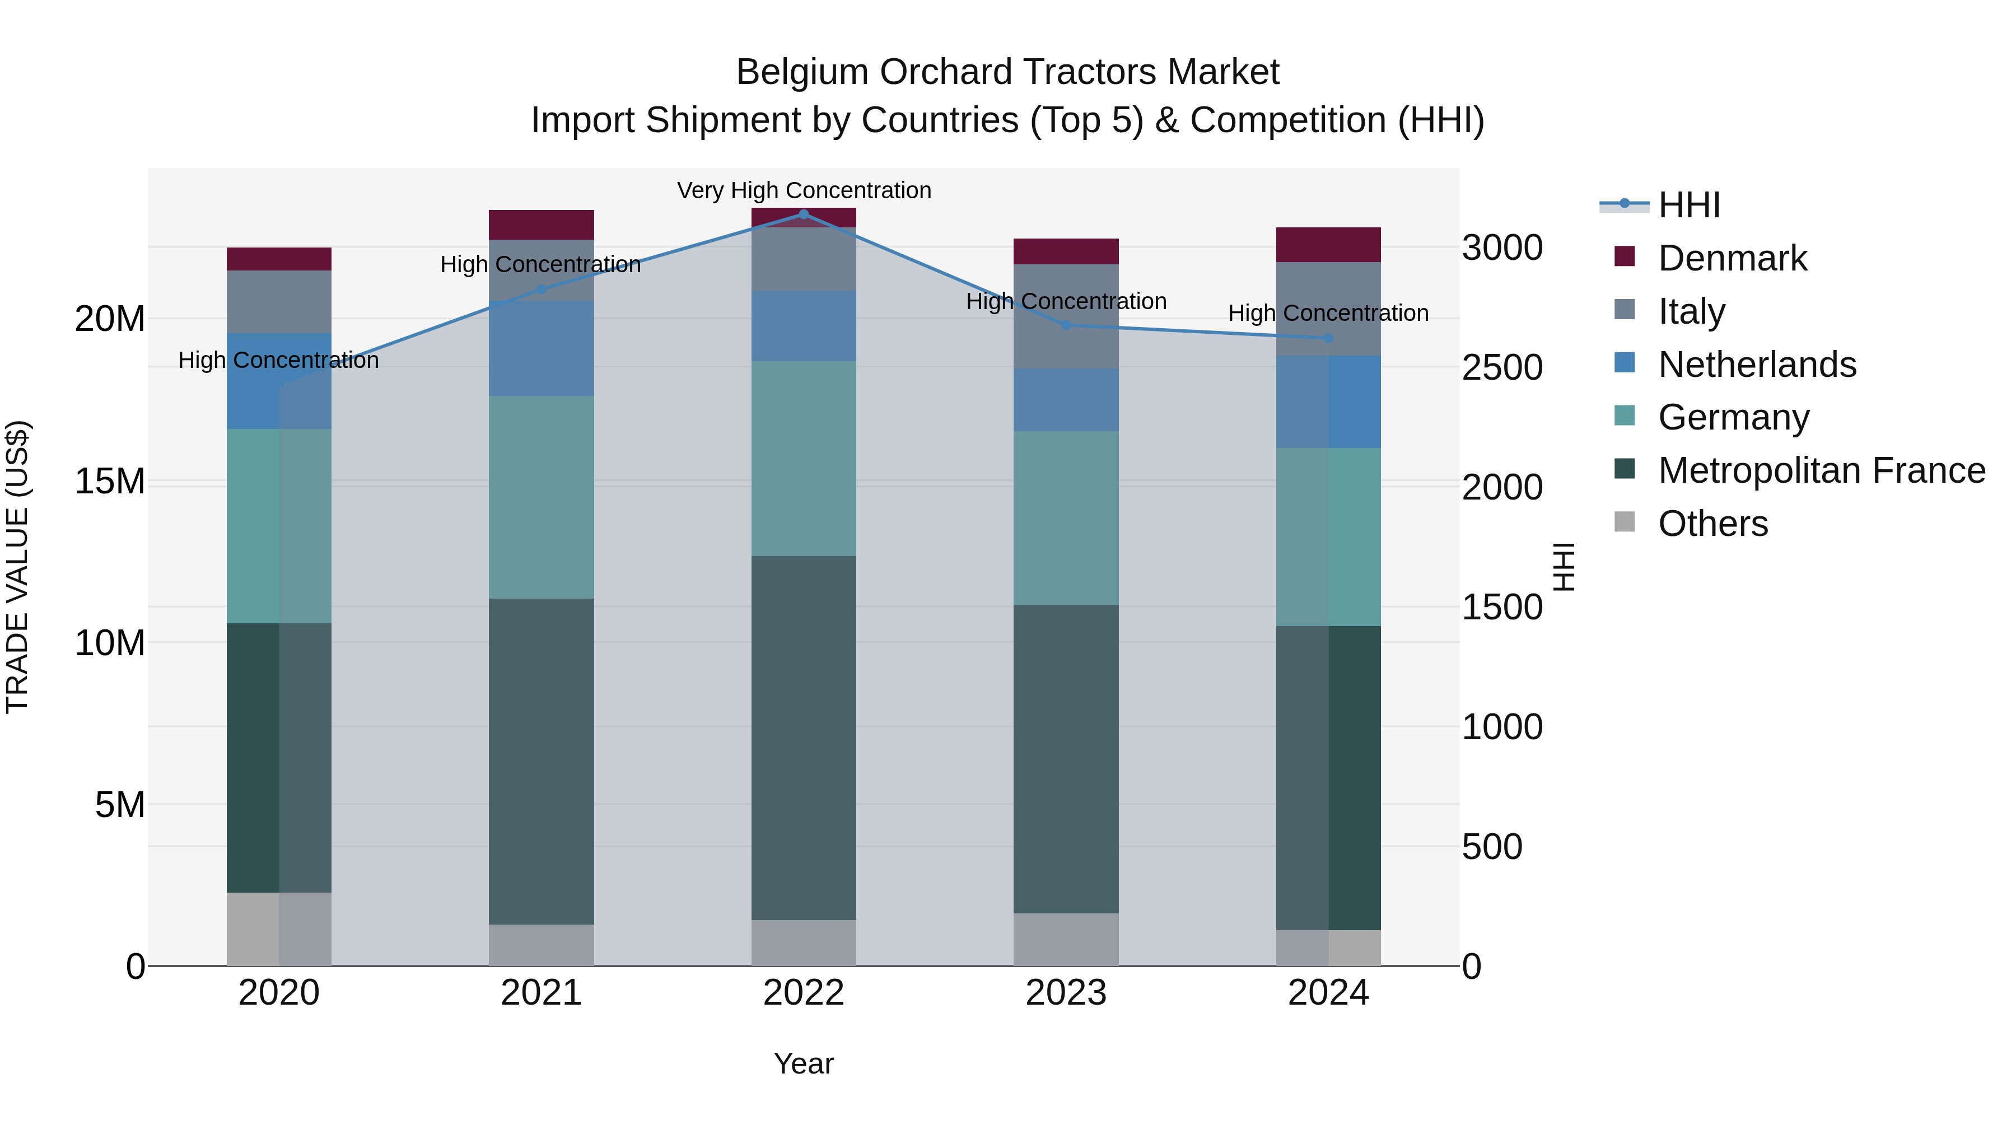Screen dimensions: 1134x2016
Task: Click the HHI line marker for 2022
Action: click(x=803, y=214)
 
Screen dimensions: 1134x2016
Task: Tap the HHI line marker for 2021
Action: click(x=541, y=289)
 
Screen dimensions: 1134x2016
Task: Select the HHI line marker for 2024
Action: click(x=1328, y=338)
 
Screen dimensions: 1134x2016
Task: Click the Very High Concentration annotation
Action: click(x=804, y=190)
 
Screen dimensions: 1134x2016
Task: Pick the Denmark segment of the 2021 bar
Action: click(x=541, y=225)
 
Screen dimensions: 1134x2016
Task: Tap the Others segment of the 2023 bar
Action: click(x=1065, y=939)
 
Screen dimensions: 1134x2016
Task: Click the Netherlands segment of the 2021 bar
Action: click(x=541, y=348)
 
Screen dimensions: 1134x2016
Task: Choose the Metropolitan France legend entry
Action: click(x=1821, y=470)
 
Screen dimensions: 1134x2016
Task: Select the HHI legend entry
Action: click(x=1689, y=205)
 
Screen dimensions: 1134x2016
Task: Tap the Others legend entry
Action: click(x=1712, y=524)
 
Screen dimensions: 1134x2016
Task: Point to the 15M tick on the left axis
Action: click(x=110, y=481)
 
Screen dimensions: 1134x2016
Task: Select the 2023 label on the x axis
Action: click(x=1065, y=993)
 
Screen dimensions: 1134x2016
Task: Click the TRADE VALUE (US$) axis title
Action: click(x=17, y=567)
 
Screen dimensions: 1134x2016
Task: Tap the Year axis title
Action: click(x=803, y=1063)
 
